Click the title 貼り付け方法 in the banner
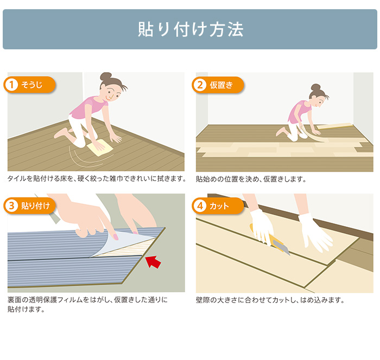tap(191, 29)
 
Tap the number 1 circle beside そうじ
tap(11, 85)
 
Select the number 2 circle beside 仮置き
tap(200, 85)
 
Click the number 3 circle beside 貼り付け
tap(11, 206)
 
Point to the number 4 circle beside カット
tap(200, 206)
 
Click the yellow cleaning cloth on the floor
tap(100, 149)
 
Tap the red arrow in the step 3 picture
tap(153, 262)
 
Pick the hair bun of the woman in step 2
tap(315, 87)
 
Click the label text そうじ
tap(31, 85)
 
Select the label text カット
tap(219, 206)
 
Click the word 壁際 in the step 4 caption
tap(202, 300)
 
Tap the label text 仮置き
tap(221, 85)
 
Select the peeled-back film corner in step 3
tap(121, 243)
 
